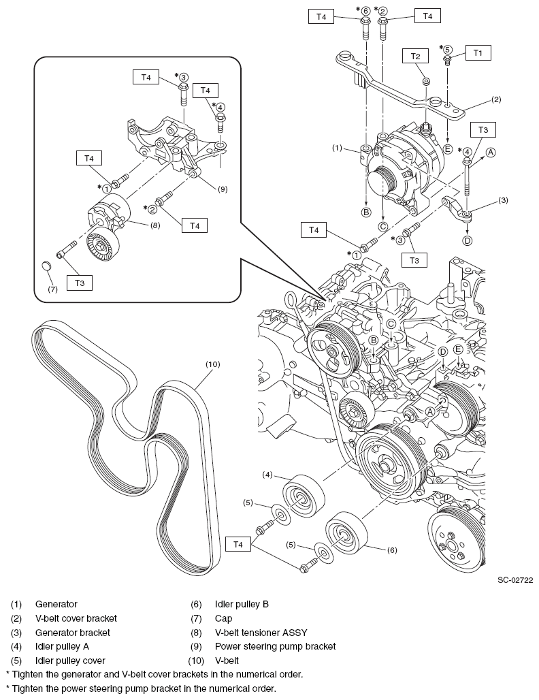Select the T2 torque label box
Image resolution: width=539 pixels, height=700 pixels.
(416, 57)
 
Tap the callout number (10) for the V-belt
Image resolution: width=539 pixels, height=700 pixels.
(213, 364)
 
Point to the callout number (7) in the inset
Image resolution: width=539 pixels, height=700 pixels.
(53, 289)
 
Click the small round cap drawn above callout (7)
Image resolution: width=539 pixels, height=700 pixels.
(48, 264)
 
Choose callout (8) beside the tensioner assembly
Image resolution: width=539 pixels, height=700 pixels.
(155, 225)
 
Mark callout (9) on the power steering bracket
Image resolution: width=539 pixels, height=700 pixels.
(222, 189)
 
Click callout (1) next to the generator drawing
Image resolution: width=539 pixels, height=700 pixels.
(337, 147)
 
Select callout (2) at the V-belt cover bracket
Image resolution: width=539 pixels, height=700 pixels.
(496, 99)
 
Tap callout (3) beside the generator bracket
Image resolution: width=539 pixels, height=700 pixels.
(503, 200)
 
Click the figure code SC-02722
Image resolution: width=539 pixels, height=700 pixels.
(514, 580)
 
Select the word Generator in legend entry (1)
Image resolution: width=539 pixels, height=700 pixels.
(56, 604)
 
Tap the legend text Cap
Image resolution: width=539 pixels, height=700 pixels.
(223, 618)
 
